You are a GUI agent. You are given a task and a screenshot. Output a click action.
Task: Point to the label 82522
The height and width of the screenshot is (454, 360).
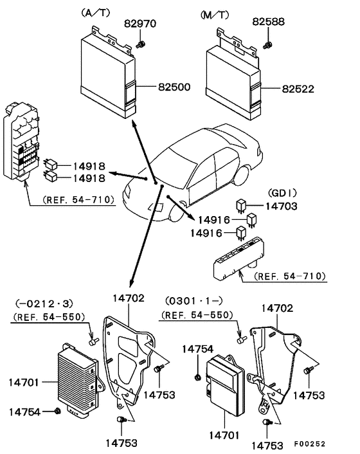click(298, 89)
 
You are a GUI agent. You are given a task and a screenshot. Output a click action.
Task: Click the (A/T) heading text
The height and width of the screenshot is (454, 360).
click(94, 13)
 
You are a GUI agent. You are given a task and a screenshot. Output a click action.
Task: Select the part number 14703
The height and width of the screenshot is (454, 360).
click(280, 208)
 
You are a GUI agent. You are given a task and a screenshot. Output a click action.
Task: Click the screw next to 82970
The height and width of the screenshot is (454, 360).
click(141, 43)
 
